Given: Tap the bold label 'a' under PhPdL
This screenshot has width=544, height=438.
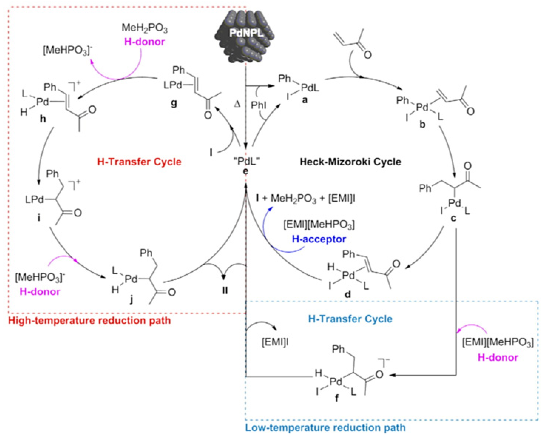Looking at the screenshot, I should point(305,100).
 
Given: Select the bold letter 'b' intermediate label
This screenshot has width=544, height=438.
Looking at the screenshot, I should point(422,124).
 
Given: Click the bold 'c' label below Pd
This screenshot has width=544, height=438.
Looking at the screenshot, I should point(453,218).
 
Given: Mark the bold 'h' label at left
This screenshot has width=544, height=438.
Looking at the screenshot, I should point(43,119).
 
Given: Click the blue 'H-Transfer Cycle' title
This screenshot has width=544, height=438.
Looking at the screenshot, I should point(350,319).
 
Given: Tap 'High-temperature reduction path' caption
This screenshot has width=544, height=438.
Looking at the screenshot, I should point(90,321).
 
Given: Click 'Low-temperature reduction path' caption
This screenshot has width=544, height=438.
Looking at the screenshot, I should point(325,428).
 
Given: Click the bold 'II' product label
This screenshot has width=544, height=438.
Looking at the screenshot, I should point(225,290).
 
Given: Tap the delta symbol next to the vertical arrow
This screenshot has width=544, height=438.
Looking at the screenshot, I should point(237,104).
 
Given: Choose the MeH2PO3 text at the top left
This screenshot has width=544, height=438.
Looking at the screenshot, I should point(145,28).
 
